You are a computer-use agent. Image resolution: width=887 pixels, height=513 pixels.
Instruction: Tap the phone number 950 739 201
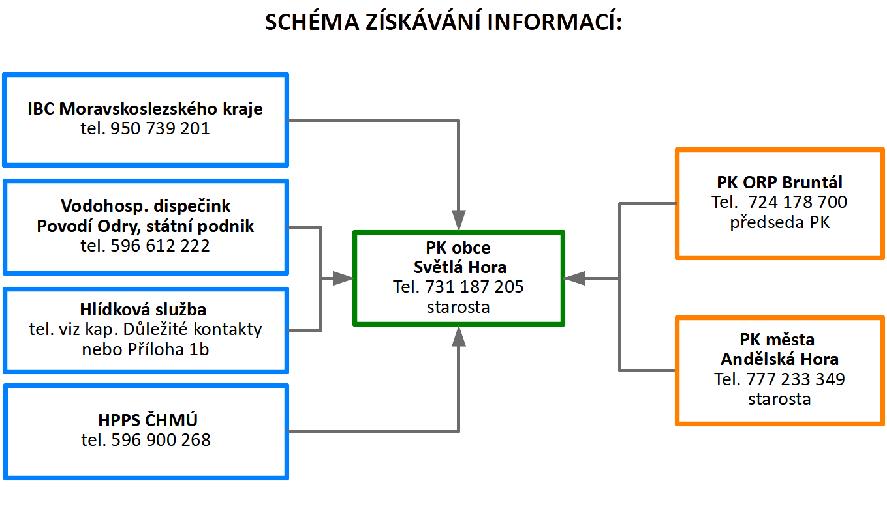[x=160, y=128]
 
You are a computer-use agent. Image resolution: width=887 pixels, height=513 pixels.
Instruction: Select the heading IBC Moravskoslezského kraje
[x=145, y=109]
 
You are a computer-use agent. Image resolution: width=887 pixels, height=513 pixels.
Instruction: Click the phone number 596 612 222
[x=160, y=246]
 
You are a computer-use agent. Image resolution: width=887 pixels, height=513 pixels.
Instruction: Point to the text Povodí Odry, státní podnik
[x=146, y=226]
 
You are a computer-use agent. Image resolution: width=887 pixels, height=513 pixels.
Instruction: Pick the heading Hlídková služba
[x=143, y=310]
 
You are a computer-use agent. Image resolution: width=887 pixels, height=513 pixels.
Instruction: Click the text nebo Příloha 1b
[x=146, y=349]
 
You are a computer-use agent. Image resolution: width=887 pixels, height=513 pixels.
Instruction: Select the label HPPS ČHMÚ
[x=148, y=420]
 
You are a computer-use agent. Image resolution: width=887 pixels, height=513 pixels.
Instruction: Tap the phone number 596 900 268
[x=161, y=440]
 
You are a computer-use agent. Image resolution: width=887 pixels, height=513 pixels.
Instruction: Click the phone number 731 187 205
[x=475, y=287]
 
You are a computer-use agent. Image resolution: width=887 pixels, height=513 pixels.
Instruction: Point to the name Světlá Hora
[x=459, y=267]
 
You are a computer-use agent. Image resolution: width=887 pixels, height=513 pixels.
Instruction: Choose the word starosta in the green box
[x=458, y=307]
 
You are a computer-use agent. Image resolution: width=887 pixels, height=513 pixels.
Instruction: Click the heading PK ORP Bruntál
[x=779, y=183]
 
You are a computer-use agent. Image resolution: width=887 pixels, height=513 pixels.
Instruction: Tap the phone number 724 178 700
[x=798, y=202]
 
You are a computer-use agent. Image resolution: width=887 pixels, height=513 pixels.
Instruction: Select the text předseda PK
[x=779, y=222]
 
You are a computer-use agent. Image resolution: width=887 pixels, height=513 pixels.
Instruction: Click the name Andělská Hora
[x=779, y=359]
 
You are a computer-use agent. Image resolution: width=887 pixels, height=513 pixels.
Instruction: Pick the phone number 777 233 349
[x=796, y=379]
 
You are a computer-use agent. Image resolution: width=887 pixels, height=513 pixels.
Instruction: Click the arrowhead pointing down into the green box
[x=459, y=220]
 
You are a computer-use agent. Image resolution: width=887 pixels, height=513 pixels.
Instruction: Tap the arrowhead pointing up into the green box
[x=459, y=336]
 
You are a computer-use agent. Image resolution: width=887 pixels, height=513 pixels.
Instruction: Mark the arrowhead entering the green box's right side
[x=574, y=278]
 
